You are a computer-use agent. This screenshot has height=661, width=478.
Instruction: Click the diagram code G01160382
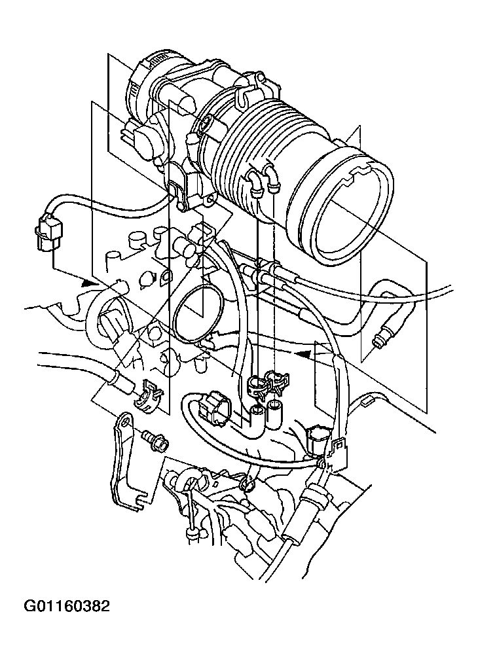pyautogui.click(x=66, y=606)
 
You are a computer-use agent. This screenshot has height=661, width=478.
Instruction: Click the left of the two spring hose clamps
pyautogui.click(x=255, y=386)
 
